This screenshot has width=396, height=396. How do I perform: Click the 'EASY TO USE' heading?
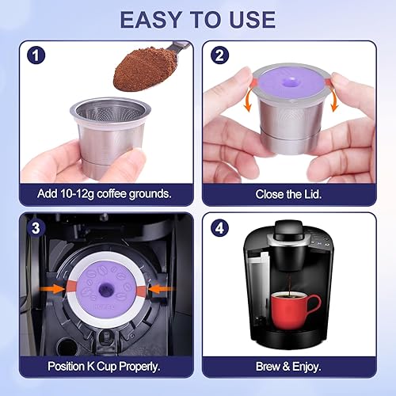pos(198,19)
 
